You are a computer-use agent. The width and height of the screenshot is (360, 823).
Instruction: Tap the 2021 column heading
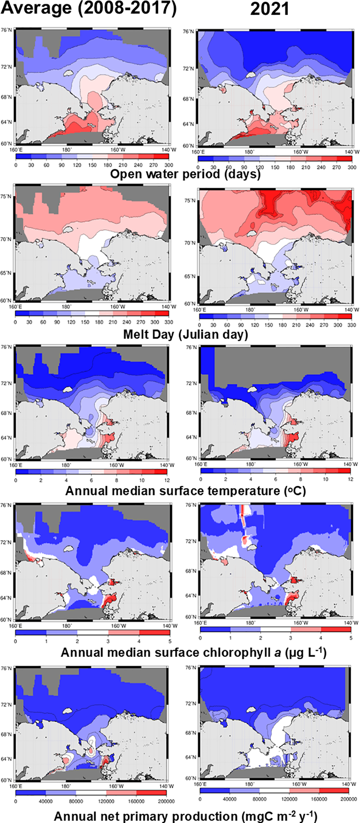(269, 9)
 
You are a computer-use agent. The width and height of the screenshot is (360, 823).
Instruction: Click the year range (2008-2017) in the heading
(127, 8)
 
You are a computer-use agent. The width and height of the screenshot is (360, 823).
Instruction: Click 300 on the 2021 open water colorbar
(352, 167)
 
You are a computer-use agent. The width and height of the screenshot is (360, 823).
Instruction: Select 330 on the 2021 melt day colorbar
(352, 325)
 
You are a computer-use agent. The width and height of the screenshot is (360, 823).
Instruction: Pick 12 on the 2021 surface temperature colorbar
(350, 479)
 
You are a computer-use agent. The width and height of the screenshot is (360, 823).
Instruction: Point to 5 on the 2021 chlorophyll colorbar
(351, 638)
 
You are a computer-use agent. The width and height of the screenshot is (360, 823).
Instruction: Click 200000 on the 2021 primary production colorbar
(349, 799)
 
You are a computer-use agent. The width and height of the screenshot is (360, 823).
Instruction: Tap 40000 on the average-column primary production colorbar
(46, 801)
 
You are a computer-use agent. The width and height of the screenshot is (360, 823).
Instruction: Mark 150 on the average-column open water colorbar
(92, 165)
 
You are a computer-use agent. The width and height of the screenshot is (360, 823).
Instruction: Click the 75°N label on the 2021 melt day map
(190, 201)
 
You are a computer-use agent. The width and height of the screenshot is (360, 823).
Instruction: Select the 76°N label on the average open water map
(6, 30)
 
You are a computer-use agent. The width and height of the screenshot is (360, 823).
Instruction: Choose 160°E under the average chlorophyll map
(15, 626)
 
